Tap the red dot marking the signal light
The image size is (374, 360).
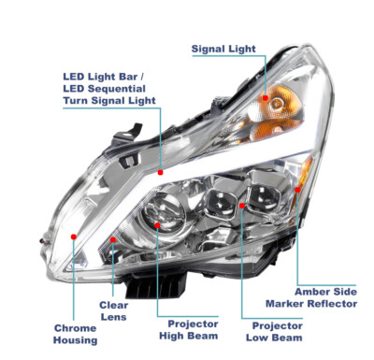[266, 97]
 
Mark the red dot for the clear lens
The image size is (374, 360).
[112, 240]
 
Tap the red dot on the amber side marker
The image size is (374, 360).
[297, 189]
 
